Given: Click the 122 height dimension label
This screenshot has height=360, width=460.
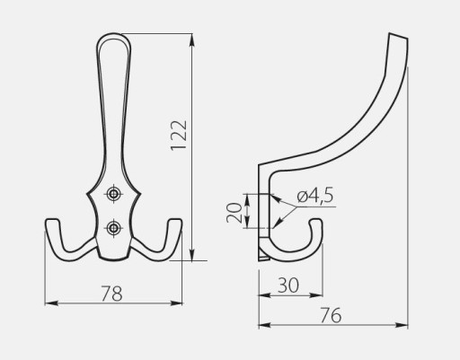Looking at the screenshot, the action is pyautogui.click(x=179, y=136).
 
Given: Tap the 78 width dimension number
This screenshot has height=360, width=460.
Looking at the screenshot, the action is pyautogui.click(x=111, y=294).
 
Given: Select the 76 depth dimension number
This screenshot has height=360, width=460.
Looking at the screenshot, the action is pyautogui.click(x=331, y=315).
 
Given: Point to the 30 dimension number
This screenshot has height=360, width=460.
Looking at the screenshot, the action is pyautogui.click(x=288, y=285).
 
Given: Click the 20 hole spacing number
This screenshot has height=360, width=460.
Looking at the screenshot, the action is pyautogui.click(x=234, y=213).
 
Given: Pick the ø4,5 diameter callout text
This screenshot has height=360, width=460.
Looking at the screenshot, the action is pyautogui.click(x=315, y=196).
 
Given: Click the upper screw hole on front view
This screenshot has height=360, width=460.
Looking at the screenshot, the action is pyautogui.click(x=113, y=194).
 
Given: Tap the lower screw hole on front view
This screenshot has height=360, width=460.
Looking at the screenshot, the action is pyautogui.click(x=113, y=228).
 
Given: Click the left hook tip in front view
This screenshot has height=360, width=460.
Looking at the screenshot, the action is pyautogui.click(x=52, y=221).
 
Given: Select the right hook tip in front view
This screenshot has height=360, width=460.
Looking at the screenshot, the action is pyautogui.click(x=174, y=221).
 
